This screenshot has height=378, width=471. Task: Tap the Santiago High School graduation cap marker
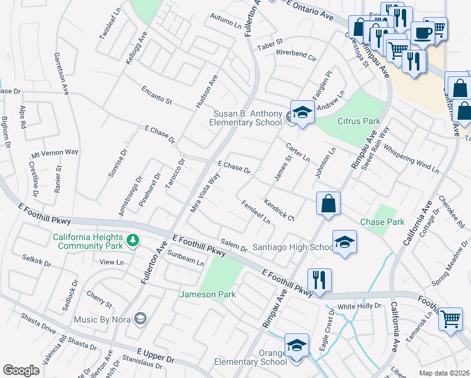point(344,243)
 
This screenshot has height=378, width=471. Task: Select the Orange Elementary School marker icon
point(297,346)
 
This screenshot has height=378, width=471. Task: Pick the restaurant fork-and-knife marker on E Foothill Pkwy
point(319,279)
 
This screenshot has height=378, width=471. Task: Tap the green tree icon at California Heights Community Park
point(132,240)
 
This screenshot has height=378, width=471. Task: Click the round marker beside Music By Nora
point(140,319)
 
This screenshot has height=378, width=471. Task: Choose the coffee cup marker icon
point(421,32)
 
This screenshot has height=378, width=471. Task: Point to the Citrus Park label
point(359,121)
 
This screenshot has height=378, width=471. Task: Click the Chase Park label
point(382,222)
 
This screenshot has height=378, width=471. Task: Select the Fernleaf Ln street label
point(256,212)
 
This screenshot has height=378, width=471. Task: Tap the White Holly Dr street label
point(360,306)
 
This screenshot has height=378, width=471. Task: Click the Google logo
point(21,370)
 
